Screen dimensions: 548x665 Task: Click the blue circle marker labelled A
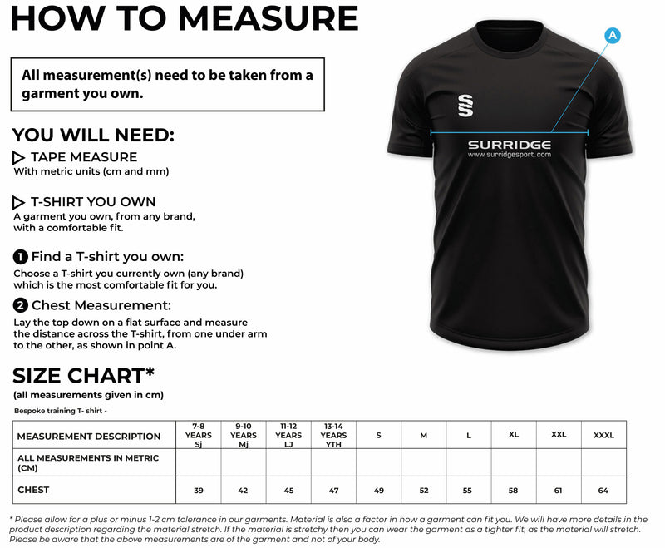(x=613, y=35)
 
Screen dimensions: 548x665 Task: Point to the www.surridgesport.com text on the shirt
(x=509, y=155)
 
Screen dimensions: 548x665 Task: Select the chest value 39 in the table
(x=199, y=491)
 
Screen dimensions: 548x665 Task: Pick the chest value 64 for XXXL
(x=603, y=491)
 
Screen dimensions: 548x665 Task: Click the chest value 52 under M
(x=424, y=491)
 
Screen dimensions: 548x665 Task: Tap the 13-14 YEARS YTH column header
(x=333, y=435)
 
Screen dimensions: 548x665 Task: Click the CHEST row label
(x=33, y=490)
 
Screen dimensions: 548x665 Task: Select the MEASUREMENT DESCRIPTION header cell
(x=89, y=436)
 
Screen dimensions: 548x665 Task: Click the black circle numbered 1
(x=21, y=257)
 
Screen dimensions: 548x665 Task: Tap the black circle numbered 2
(x=21, y=305)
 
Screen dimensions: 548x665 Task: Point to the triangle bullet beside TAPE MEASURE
(x=19, y=157)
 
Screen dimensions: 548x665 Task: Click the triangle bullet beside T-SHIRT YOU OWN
(x=19, y=202)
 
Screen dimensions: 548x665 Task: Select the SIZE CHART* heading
(x=84, y=374)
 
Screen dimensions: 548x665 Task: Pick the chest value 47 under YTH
(x=333, y=491)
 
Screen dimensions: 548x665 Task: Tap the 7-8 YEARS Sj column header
(x=199, y=435)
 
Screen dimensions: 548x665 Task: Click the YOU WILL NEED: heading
(x=93, y=136)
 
